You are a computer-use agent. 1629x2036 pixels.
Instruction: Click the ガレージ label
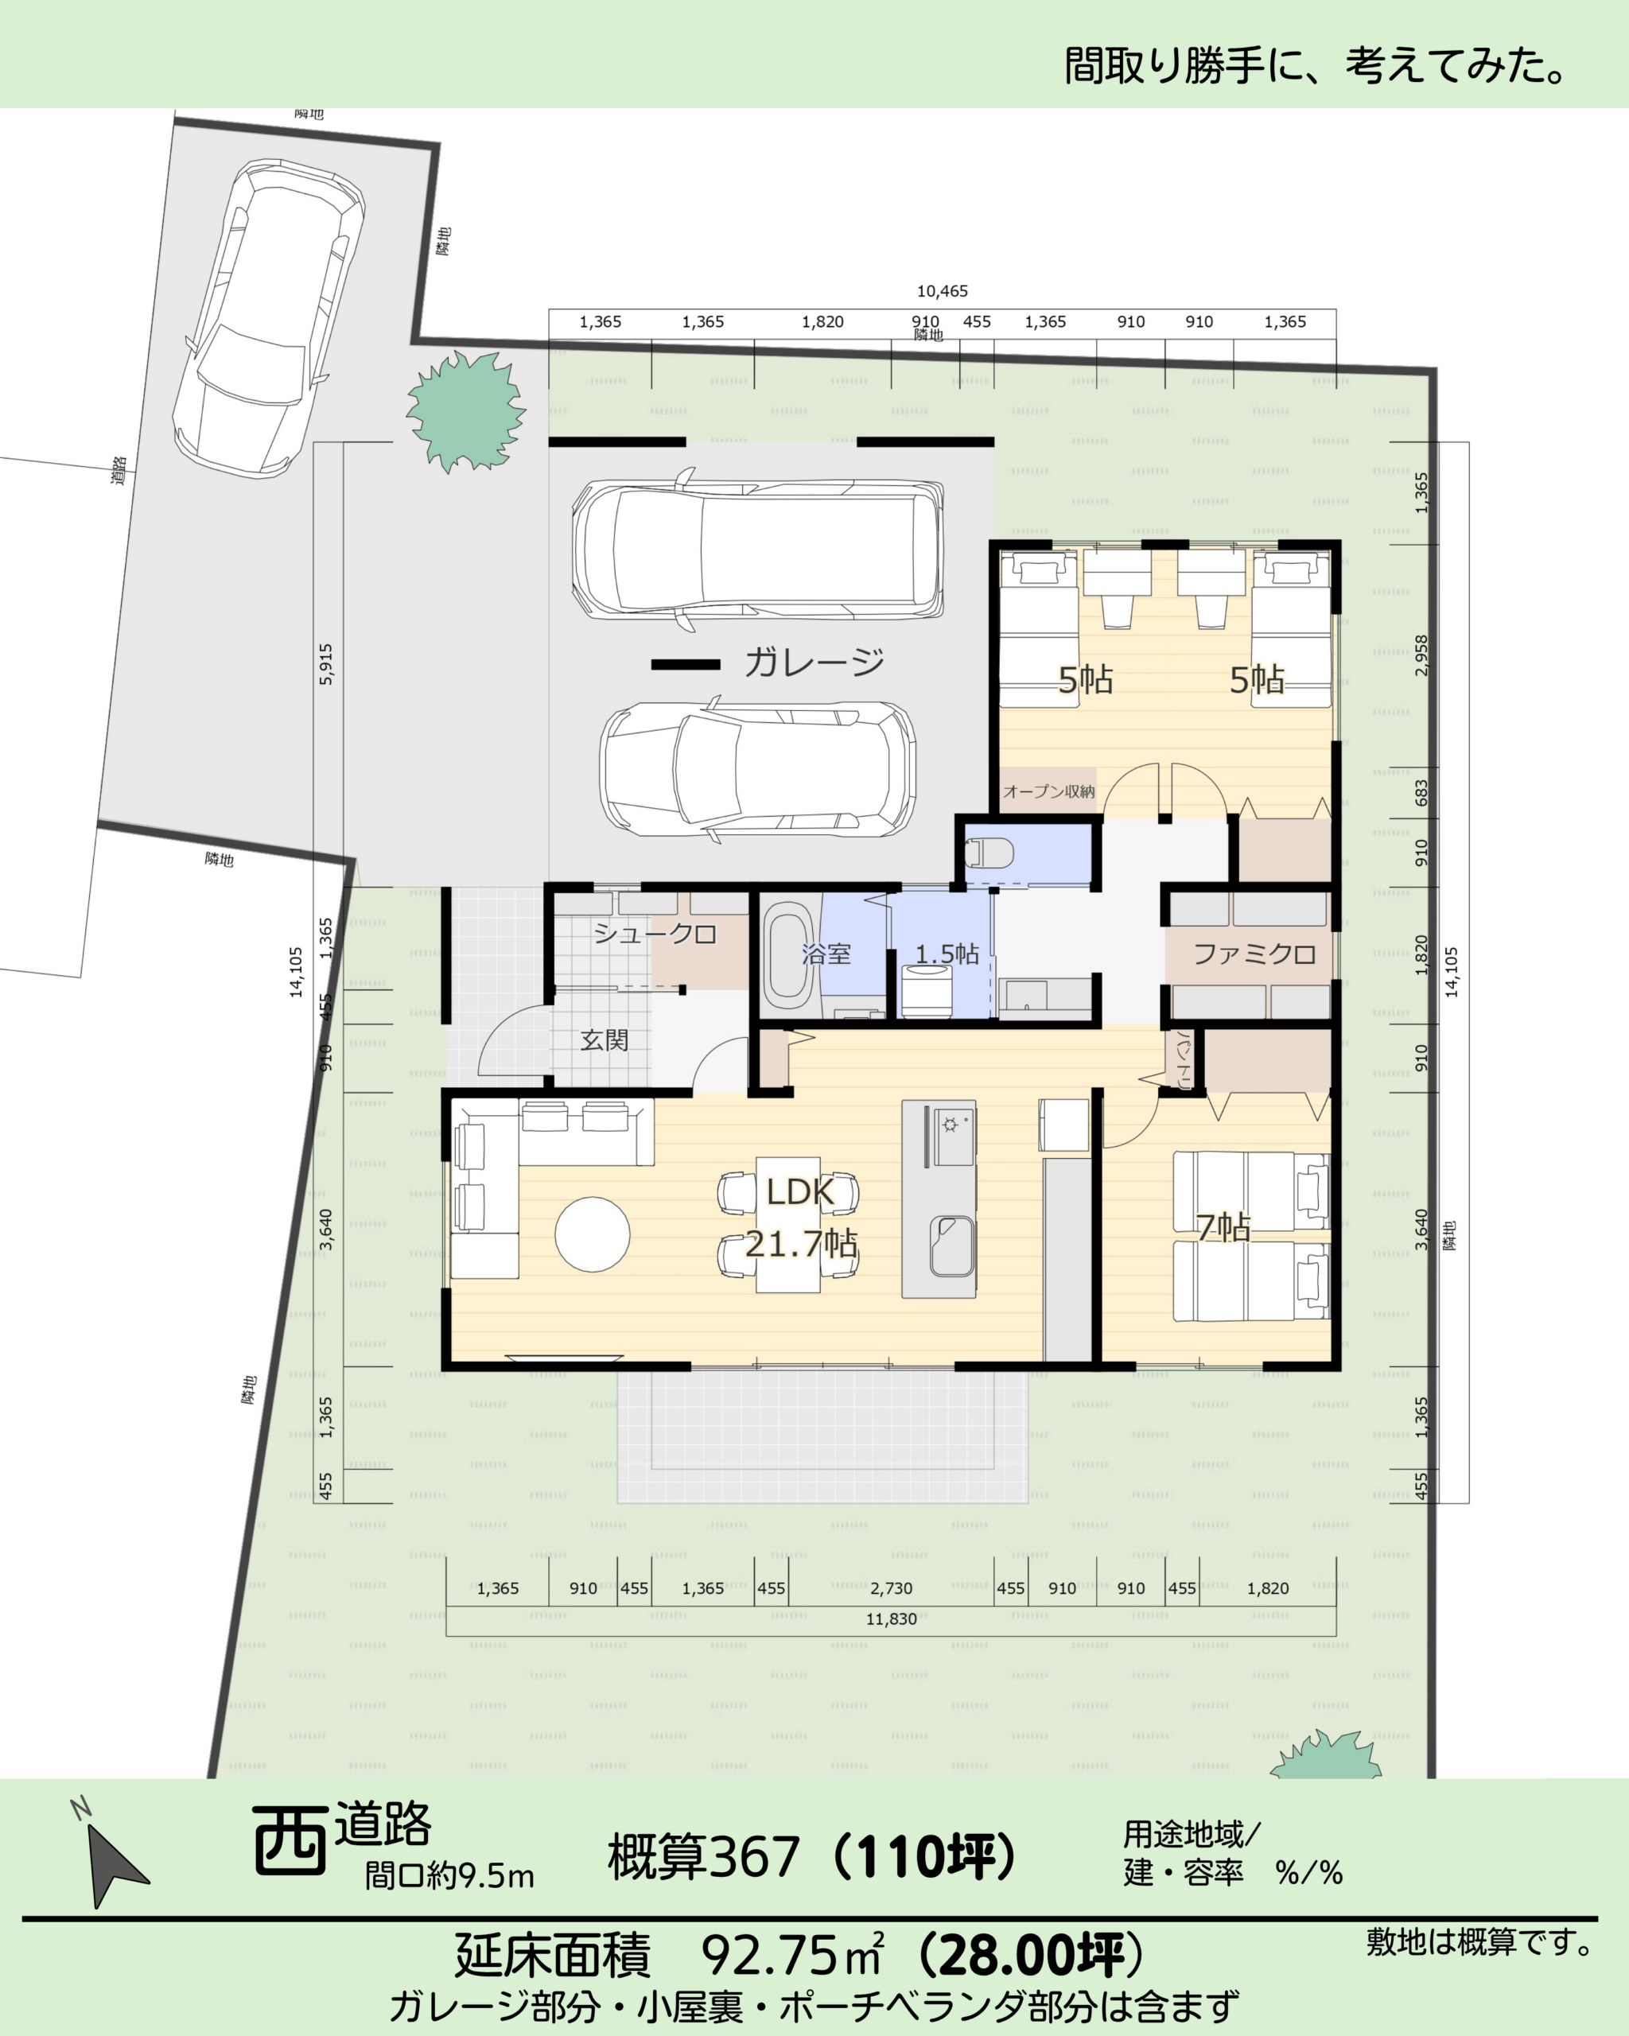click(x=814, y=663)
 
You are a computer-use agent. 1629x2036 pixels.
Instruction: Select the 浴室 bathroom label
click(x=826, y=954)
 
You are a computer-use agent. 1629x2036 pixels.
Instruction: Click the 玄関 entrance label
click(x=605, y=1040)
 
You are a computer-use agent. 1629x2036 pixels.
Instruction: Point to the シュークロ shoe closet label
click(x=655, y=934)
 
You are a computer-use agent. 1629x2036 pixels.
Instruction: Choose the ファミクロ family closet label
click(x=1255, y=954)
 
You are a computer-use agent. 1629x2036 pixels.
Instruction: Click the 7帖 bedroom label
click(x=1224, y=1228)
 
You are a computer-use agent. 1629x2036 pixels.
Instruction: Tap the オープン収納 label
click(x=1049, y=791)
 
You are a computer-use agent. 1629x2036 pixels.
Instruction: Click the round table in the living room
click(x=592, y=1234)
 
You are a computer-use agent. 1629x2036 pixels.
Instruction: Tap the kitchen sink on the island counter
click(x=952, y=1245)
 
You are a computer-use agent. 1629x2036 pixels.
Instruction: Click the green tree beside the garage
click(x=465, y=412)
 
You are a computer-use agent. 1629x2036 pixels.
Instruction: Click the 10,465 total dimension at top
click(x=943, y=292)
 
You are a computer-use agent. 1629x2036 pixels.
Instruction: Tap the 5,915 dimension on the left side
click(x=326, y=664)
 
